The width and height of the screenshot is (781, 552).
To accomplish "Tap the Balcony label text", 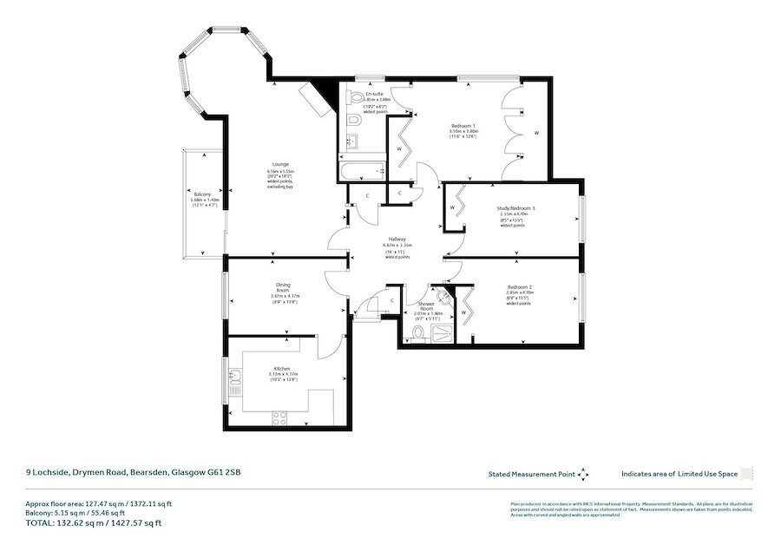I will tap(202, 194).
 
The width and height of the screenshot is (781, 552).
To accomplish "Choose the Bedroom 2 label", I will tap(518, 286).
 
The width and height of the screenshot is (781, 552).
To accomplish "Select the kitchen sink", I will tap(234, 378).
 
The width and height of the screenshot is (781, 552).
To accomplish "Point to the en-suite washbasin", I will tap(353, 141).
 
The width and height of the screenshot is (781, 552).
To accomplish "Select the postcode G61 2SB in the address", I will tap(225, 473).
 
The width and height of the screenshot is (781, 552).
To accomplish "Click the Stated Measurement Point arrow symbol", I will tap(583, 474).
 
